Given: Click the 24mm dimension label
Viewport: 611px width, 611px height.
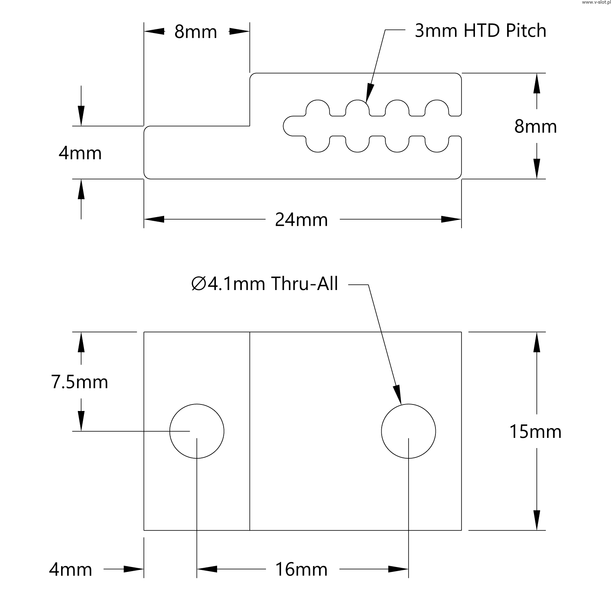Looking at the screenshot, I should pos(301,220).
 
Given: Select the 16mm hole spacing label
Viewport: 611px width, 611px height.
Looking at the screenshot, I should pos(301,569).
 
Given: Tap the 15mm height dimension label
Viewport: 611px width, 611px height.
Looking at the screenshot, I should pos(535,432).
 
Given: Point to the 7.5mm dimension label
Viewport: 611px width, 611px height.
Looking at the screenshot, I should pos(80,382).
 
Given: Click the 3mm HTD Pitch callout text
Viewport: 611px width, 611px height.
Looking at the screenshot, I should pos(480,31).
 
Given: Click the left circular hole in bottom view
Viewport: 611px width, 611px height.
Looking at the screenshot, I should pos(197,431).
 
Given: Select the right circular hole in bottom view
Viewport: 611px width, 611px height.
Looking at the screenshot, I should pos(409,431).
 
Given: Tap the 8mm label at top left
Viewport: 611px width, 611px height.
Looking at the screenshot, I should pos(196,32).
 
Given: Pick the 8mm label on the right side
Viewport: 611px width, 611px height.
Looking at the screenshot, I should pos(535,127).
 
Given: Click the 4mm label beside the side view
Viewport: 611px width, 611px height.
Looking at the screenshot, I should pos(80,154).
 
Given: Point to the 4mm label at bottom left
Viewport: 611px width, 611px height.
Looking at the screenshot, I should pos(70,569).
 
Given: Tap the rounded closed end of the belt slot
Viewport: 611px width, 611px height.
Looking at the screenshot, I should pos(288,125).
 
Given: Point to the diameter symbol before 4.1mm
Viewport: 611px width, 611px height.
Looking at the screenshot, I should pos(198,284).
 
